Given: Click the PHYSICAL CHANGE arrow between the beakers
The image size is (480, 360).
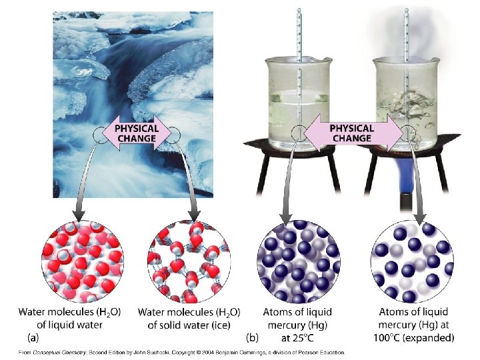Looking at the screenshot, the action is [351, 133].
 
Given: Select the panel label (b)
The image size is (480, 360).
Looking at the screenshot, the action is [253, 338].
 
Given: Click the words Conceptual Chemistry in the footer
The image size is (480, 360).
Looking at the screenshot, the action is [57, 352].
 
